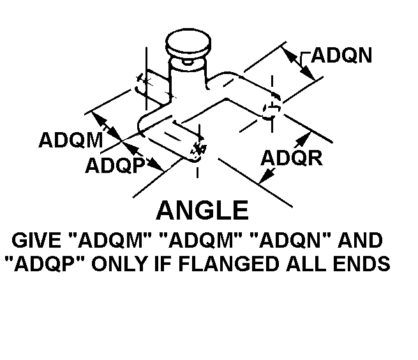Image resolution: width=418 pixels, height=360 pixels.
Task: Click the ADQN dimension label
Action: click(341, 56)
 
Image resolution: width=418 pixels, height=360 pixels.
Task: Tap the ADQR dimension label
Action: click(292, 157)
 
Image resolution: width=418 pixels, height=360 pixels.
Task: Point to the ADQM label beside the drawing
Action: click(70, 140)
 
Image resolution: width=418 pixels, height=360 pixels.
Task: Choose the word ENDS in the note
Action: click(359, 263)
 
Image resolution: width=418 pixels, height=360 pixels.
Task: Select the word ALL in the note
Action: click(307, 263)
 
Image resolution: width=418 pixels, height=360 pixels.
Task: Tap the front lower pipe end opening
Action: click(198, 149)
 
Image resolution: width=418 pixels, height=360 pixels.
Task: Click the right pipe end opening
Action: click(272, 109)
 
